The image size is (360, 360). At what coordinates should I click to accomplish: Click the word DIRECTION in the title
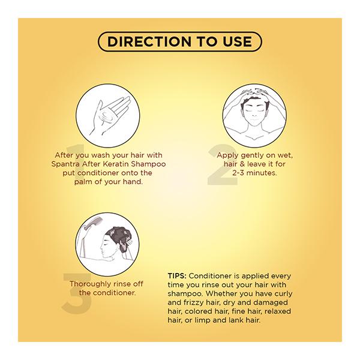click(149, 41)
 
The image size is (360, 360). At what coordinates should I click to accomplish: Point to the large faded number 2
click(222, 164)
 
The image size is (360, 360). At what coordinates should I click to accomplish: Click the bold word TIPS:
click(177, 276)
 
